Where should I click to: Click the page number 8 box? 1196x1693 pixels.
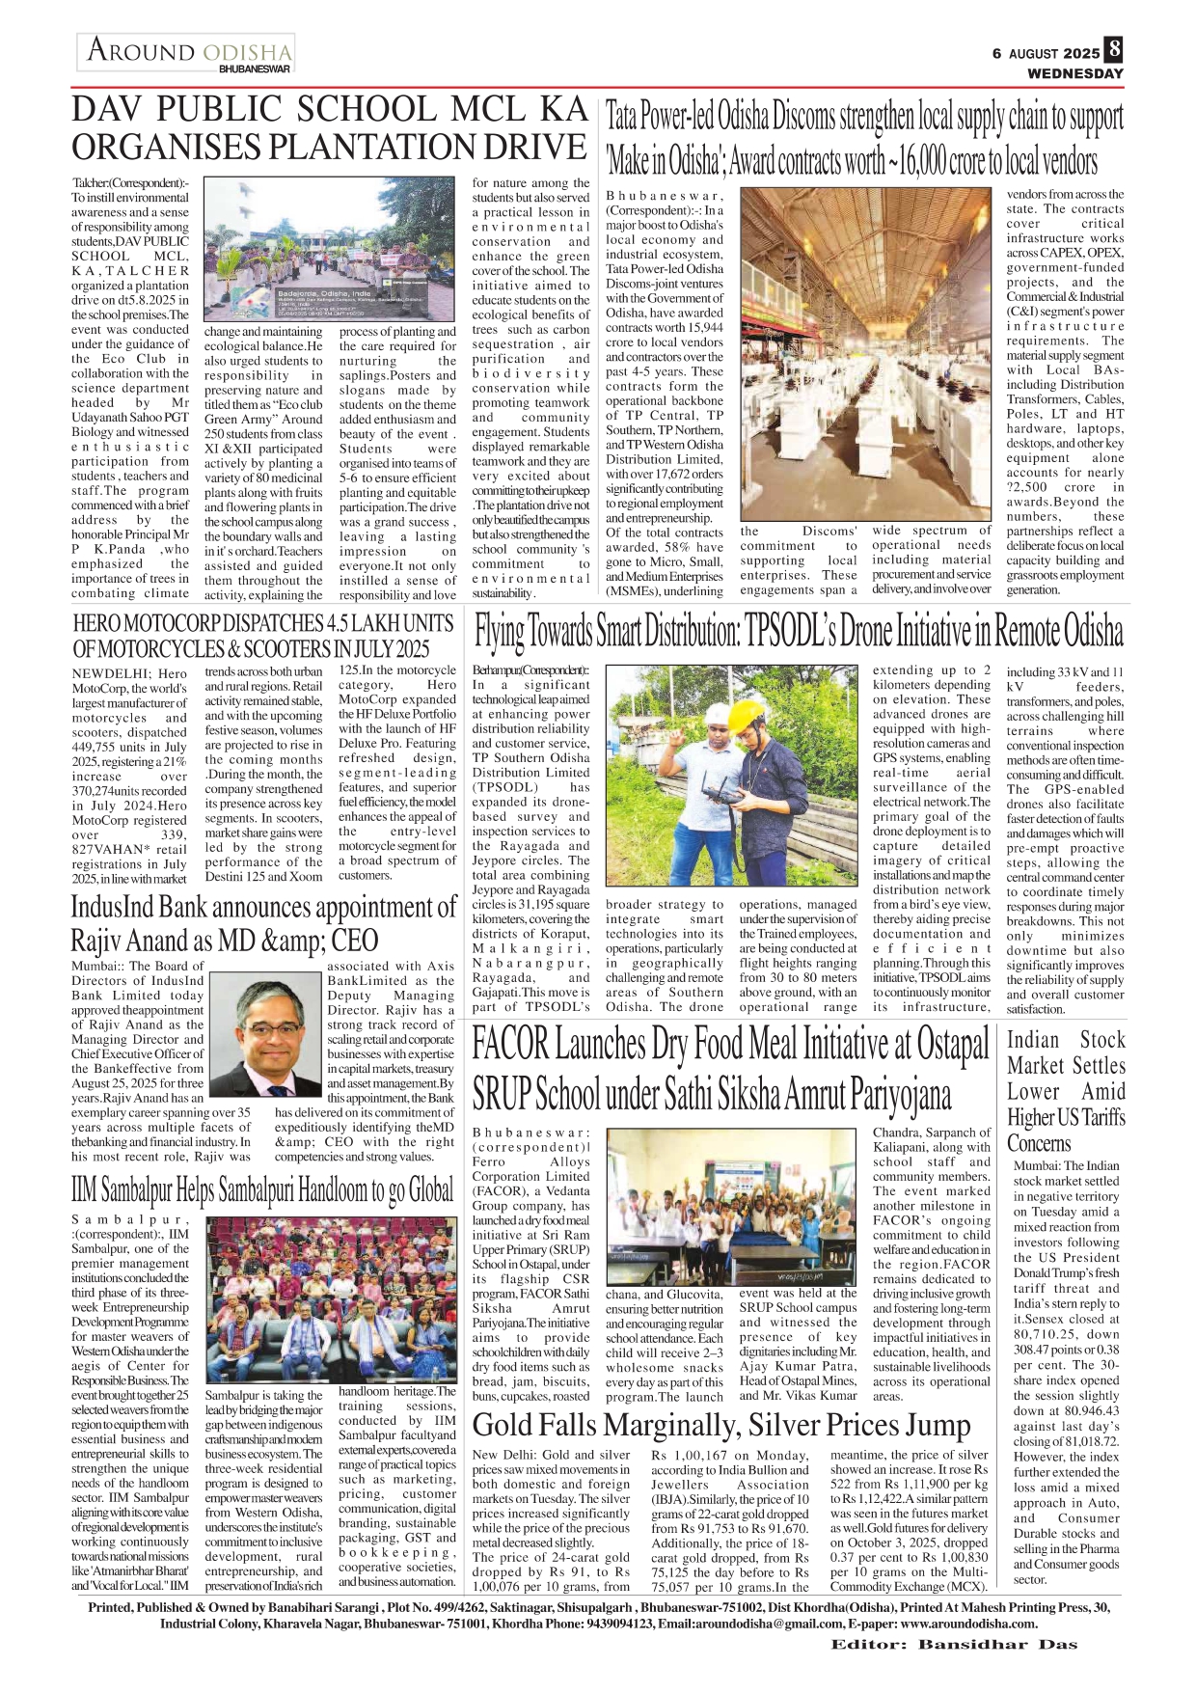[1114, 49]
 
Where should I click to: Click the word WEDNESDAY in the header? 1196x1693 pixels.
[1075, 73]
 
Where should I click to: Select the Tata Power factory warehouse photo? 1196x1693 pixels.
[864, 355]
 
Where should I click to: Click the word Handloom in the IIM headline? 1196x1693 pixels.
[334, 1190]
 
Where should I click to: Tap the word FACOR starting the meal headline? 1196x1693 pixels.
[510, 1046]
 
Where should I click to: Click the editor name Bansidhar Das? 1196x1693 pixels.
[997, 1644]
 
